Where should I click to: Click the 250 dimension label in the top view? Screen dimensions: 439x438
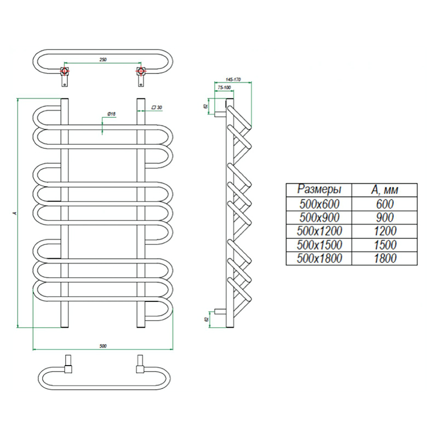tap(102, 59)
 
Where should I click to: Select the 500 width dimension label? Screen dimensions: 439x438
tap(102, 345)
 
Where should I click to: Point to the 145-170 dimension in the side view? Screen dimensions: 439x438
tap(234, 79)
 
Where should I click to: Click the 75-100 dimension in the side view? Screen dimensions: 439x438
tap(223, 88)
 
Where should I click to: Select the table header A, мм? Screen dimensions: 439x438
tap(385, 190)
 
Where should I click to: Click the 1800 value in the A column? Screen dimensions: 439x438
tap(385, 258)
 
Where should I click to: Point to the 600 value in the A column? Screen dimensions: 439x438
tap(385, 204)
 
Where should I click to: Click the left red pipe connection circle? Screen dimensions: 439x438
tap(65, 72)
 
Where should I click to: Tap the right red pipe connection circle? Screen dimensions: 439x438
tap(141, 72)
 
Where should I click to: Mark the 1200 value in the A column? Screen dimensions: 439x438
tap(385, 231)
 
